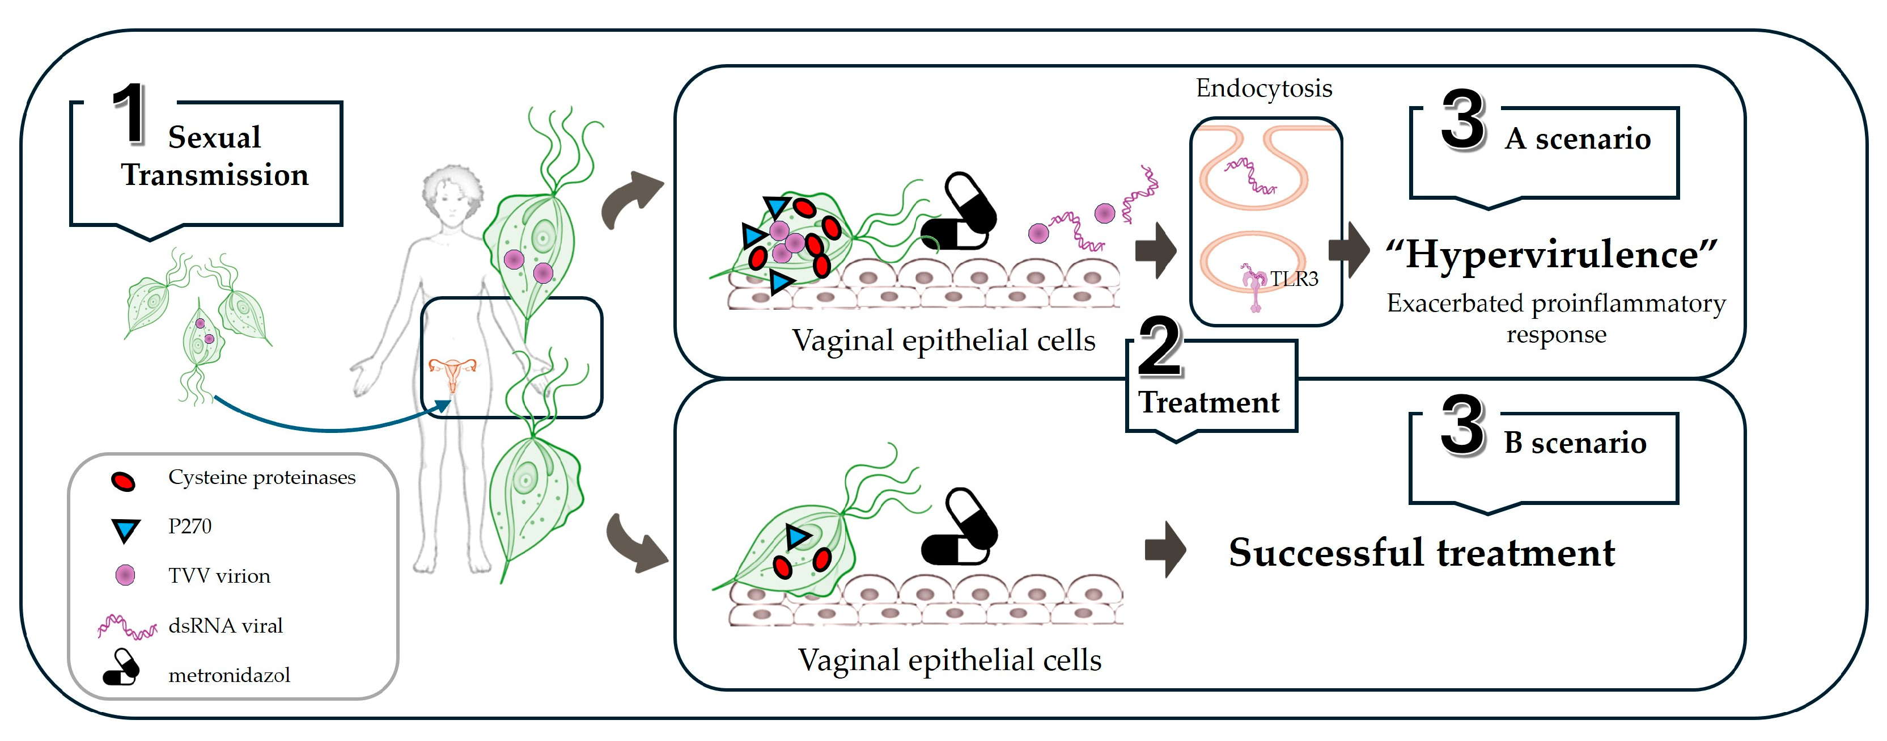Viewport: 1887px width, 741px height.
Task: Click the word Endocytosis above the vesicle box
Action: pyautogui.click(x=1263, y=89)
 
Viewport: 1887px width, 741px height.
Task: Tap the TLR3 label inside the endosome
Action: pyautogui.click(x=1294, y=279)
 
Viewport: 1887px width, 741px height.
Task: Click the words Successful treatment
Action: pyautogui.click(x=1421, y=553)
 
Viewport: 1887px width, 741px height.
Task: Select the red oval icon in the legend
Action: pyautogui.click(x=123, y=481)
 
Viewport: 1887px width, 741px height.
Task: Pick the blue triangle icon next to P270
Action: pyautogui.click(x=125, y=529)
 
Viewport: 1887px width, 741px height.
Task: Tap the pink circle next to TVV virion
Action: pyautogui.click(x=125, y=575)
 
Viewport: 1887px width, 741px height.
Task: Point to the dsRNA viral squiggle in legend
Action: pyautogui.click(x=126, y=626)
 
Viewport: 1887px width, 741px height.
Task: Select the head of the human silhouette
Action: pyautogui.click(x=452, y=194)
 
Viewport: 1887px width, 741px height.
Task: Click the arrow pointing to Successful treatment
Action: pyautogui.click(x=1165, y=550)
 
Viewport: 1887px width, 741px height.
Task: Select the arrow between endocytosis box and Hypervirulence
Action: pyautogui.click(x=1349, y=250)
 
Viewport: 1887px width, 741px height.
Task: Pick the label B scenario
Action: pyautogui.click(x=1575, y=443)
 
